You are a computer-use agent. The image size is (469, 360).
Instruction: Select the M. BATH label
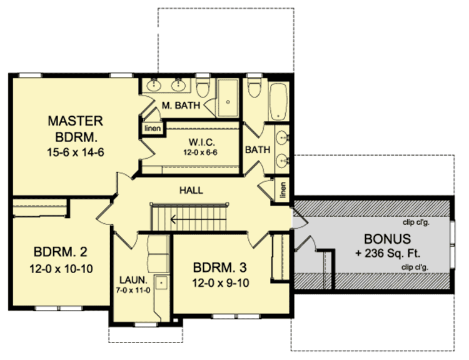(181, 106)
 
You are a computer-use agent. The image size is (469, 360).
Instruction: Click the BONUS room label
(388, 238)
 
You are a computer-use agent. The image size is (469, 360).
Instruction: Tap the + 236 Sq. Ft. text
(388, 253)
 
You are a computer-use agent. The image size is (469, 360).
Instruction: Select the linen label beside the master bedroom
(153, 128)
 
